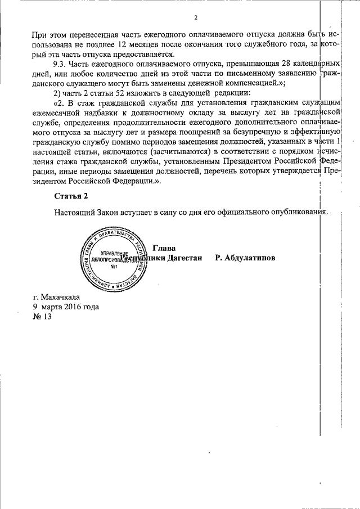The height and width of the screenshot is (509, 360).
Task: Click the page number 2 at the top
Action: click(195, 18)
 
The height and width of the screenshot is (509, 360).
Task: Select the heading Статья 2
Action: click(71, 196)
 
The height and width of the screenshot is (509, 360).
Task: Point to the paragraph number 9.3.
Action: click(58, 63)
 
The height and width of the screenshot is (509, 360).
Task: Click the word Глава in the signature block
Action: click(164, 248)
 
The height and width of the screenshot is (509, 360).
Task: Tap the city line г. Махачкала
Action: click(56, 298)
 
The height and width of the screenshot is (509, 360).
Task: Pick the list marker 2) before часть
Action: click(57, 92)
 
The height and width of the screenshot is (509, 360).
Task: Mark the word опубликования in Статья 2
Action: click(299, 212)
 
